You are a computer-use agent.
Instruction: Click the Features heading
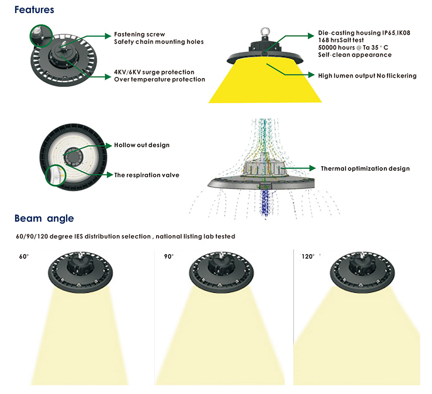pos(34,9)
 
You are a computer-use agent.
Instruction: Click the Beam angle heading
pos(44,218)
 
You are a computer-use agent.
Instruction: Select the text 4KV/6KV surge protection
pos(154,72)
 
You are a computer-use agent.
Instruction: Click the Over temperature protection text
pos(159,80)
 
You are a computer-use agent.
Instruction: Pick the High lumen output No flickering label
pos(367,76)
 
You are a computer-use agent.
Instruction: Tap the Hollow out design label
pos(142,145)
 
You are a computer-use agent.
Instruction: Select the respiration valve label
pos(147,175)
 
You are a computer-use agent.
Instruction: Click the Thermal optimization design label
pos(365,169)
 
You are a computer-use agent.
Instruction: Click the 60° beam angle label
pos(23,257)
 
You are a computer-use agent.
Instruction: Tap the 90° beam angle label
pos(168,257)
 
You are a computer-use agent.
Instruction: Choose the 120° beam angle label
pos(308,257)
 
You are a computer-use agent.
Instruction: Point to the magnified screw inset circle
pos(41,36)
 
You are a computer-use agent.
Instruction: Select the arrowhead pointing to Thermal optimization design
pos(314,169)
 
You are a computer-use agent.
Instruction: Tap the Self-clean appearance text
pos(355,55)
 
